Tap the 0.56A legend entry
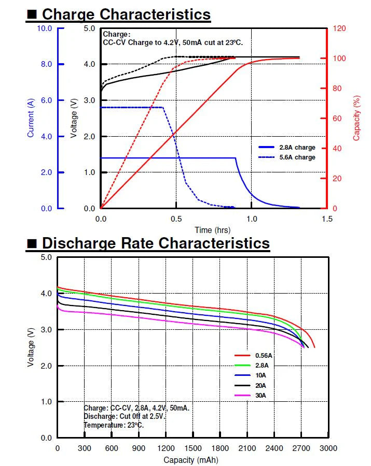pos(263,356)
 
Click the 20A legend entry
pos(261,385)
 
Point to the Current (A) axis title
pos(31,118)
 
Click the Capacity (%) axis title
pos(356,118)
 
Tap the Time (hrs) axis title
pos(213,230)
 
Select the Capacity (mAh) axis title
pos(190,460)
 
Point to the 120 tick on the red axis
pos(339,28)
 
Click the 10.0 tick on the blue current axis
pos(45,28)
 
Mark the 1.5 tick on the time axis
pos(327,219)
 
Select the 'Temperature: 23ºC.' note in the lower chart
pos(114,425)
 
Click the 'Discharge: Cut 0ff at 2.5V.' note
pos(125,416)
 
